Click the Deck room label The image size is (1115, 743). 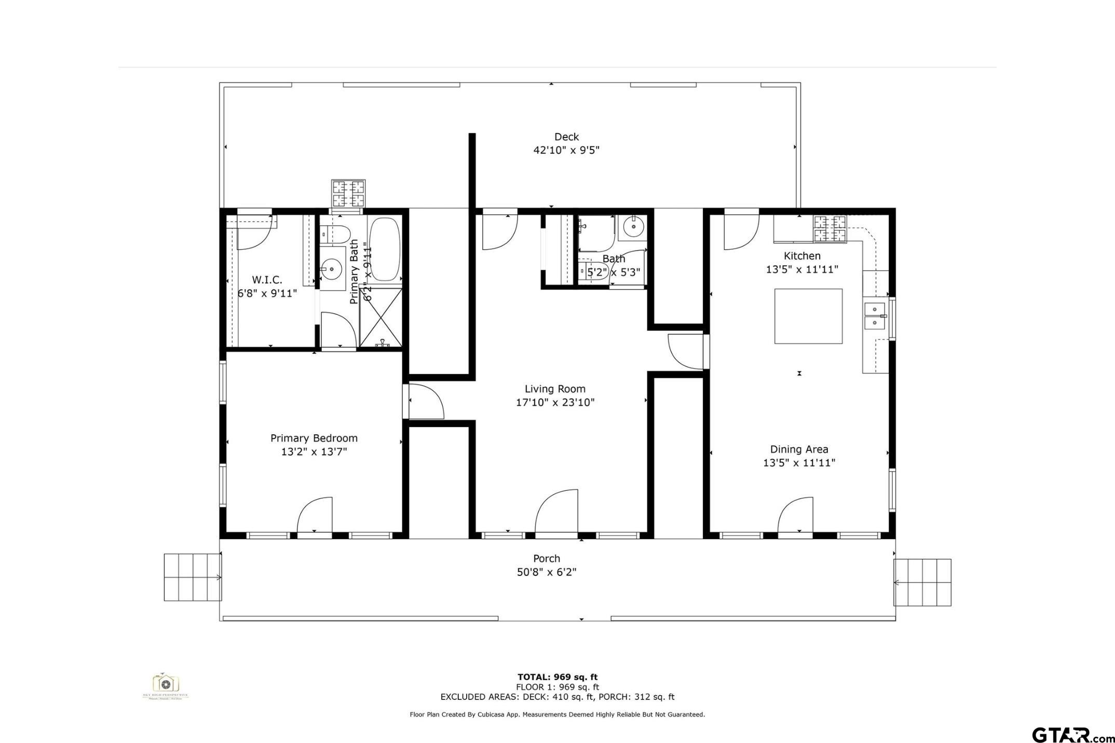click(x=566, y=137)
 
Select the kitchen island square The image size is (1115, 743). click(x=808, y=316)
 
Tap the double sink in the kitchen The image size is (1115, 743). click(x=875, y=316)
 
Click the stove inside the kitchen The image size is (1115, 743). click(x=830, y=229)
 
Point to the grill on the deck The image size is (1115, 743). click(x=348, y=194)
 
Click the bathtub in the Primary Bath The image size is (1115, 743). click(x=385, y=249)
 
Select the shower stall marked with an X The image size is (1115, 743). click(x=381, y=317)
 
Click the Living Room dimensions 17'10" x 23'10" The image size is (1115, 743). click(x=555, y=402)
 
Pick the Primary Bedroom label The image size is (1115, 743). click(x=314, y=438)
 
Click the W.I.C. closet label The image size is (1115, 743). click(x=267, y=280)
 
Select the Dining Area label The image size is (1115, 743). click(x=799, y=449)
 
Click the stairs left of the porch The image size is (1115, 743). click(x=193, y=577)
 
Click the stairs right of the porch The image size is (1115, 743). click(x=922, y=582)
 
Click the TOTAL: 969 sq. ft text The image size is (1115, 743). click(x=557, y=677)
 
